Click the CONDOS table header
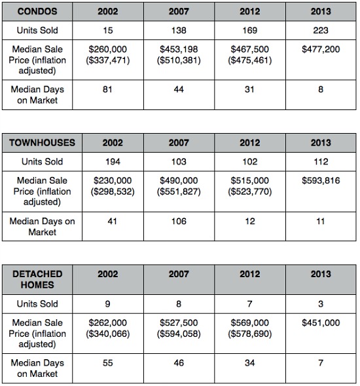click(x=37, y=11)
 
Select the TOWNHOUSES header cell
click(x=43, y=143)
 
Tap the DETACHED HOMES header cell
click(x=37, y=279)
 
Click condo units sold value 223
click(x=321, y=30)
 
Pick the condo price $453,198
click(x=179, y=49)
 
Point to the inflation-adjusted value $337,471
click(x=108, y=60)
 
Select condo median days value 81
click(x=107, y=89)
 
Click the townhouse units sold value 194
click(x=113, y=162)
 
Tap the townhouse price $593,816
click(x=321, y=180)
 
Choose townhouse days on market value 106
click(x=179, y=221)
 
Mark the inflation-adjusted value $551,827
click(x=179, y=191)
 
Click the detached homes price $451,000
click(x=321, y=322)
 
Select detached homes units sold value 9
click(x=107, y=304)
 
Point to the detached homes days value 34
click(x=249, y=363)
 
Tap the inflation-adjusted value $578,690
click(x=250, y=334)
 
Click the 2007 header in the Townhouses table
click(x=179, y=143)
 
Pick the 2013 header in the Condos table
click(x=321, y=11)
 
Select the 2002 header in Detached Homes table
click(x=108, y=274)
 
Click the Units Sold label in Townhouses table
click(x=43, y=162)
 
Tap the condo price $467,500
click(x=250, y=49)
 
